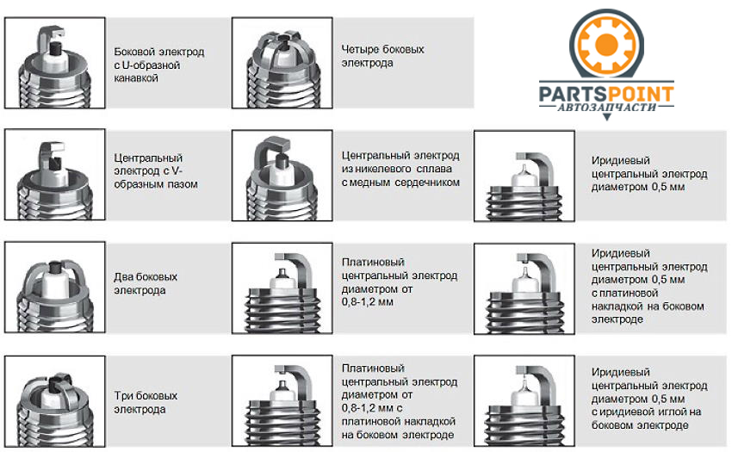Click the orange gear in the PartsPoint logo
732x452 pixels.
607,45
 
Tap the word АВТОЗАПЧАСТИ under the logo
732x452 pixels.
606,107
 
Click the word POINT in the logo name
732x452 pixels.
640,94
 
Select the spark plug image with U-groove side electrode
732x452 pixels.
54,63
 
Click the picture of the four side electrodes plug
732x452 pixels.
282,63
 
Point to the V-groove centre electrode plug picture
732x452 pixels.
54,175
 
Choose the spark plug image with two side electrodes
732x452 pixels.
54,288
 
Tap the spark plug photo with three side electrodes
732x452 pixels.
54,401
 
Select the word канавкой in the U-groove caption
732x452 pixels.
136,78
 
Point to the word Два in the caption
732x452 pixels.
122,277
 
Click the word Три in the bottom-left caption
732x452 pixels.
122,395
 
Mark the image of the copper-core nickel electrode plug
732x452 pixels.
282,175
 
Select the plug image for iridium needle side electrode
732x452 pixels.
524,401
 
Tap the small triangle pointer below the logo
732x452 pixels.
607,117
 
